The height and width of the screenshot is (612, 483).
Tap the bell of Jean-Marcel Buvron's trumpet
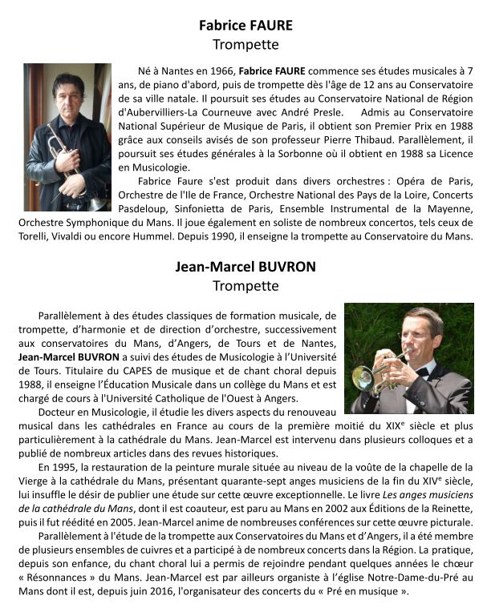362,377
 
